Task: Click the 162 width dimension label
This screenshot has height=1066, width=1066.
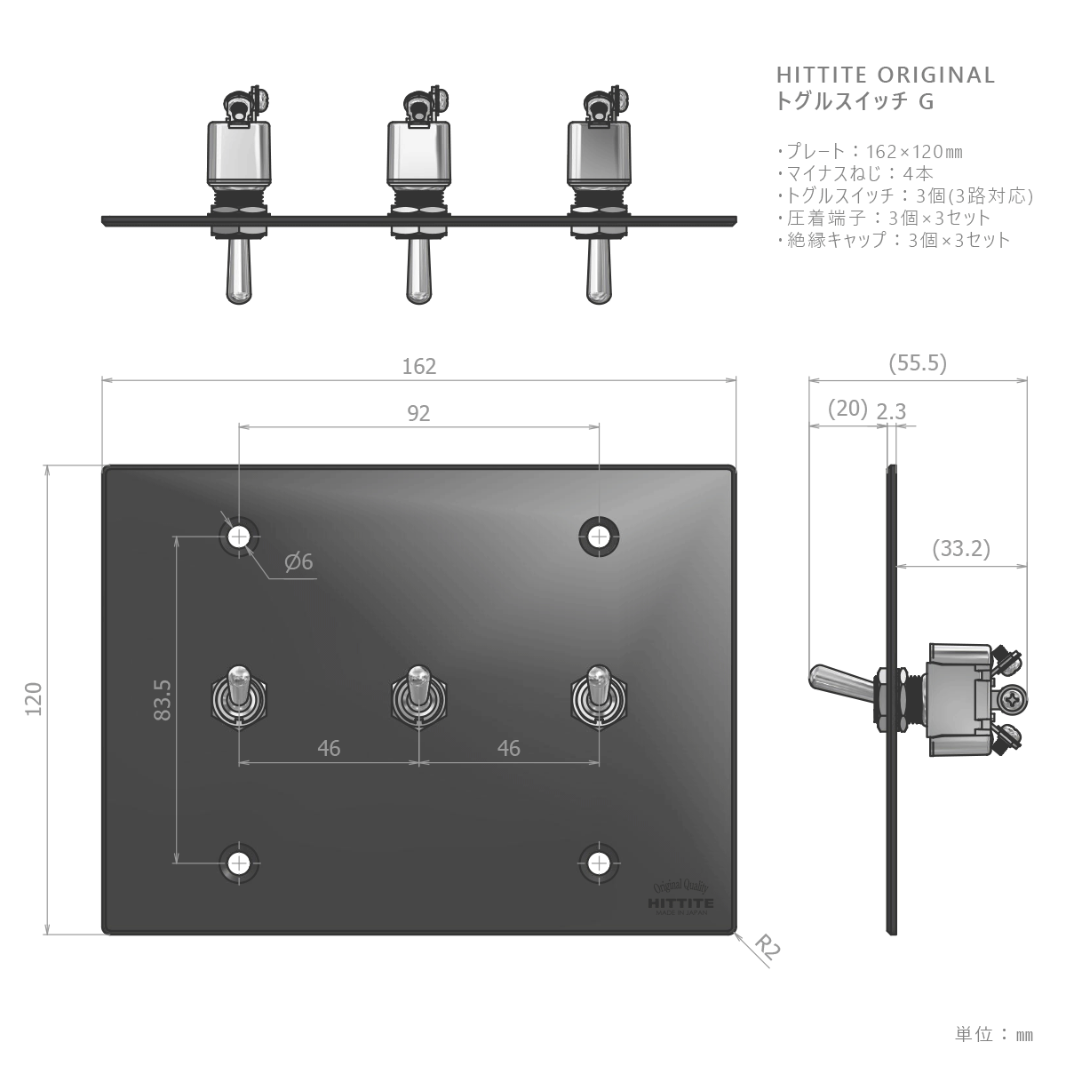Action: pyautogui.click(x=418, y=366)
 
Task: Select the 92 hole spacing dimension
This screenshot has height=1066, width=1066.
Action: pyautogui.click(x=418, y=413)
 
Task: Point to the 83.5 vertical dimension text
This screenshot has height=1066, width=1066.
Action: pyautogui.click(x=163, y=700)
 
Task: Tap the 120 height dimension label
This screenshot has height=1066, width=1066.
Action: pyautogui.click(x=34, y=699)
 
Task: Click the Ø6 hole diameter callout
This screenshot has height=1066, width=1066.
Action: pyautogui.click(x=298, y=561)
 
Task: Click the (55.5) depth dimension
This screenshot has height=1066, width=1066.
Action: pyautogui.click(x=918, y=363)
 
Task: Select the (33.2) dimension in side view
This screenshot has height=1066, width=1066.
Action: pyautogui.click(x=961, y=548)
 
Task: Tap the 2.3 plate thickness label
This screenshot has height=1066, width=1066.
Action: pyautogui.click(x=891, y=411)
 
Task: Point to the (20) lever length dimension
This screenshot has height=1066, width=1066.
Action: pyautogui.click(x=847, y=409)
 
